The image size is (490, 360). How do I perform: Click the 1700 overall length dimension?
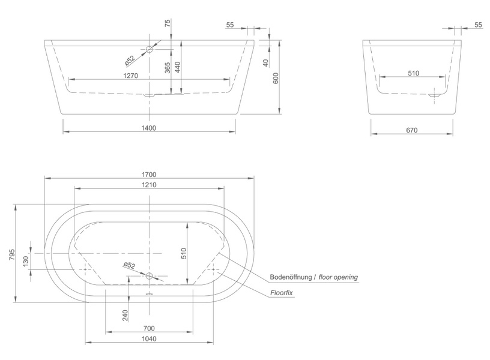coord(149,175)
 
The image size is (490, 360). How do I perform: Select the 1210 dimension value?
coord(149,185)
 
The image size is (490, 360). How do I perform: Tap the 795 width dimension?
coord(11,255)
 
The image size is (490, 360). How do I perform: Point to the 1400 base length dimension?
coord(149,128)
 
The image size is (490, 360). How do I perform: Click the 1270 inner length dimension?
coord(131,76)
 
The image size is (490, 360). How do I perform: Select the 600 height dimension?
coord(276,78)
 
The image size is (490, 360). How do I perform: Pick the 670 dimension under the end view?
coord(412,130)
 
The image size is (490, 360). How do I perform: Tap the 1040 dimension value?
coord(149,339)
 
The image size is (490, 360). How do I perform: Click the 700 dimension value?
coord(149,328)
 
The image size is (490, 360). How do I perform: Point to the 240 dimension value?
coord(125,316)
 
